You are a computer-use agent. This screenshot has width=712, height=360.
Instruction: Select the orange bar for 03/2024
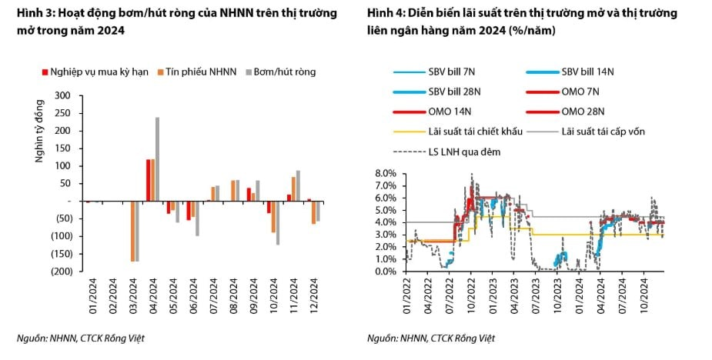point(132,231)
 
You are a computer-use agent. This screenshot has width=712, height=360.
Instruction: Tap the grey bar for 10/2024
point(277,222)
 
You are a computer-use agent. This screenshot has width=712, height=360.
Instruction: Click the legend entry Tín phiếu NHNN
point(193,72)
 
